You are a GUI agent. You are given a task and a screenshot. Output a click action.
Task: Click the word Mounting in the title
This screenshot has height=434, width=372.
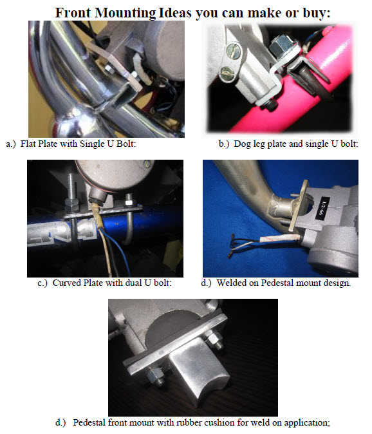(126, 13)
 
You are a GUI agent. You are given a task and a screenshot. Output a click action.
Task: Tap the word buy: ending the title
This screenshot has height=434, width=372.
(317, 13)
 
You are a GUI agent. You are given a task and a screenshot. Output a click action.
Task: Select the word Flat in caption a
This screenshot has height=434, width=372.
(28, 144)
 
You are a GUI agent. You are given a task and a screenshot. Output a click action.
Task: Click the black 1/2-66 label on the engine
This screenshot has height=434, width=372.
(323, 208)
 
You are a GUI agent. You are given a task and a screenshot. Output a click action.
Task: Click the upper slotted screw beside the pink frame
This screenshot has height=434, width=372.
(233, 51)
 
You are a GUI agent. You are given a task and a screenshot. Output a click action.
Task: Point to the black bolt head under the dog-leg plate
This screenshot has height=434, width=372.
(272, 106)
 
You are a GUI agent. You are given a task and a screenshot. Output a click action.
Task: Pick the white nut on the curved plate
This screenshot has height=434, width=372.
(129, 200)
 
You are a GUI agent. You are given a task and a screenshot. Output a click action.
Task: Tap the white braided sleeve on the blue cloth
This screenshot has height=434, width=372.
(280, 238)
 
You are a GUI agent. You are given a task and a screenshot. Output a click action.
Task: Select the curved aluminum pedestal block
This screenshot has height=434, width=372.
(199, 371)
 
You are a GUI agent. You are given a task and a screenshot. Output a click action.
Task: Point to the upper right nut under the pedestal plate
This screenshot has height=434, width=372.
(214, 340)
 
